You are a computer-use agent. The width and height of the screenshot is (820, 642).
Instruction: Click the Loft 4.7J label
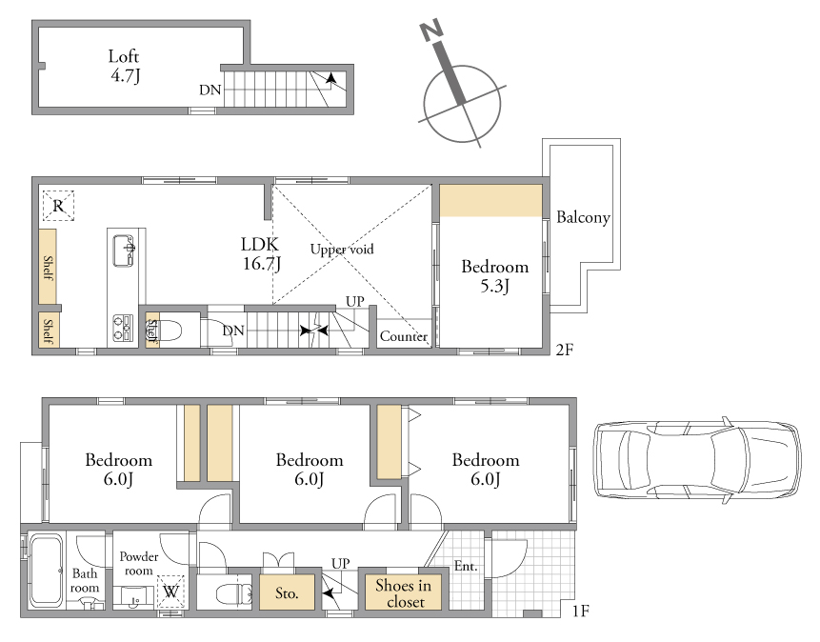[125, 66]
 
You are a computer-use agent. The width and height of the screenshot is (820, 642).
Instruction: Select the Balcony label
[583, 217]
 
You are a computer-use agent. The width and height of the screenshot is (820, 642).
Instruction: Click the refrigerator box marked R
[58, 206]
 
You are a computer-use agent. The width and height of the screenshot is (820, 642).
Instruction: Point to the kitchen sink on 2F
[124, 251]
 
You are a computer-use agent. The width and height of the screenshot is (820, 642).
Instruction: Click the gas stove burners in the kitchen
[123, 328]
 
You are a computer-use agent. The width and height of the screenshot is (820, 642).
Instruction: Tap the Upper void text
[342, 249]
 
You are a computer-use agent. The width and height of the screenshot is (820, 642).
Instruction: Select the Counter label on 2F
[404, 336]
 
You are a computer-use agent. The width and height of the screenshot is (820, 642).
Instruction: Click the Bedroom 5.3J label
[494, 275]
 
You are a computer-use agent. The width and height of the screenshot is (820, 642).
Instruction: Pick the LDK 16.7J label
[260, 253]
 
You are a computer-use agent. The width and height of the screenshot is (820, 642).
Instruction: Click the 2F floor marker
[564, 350]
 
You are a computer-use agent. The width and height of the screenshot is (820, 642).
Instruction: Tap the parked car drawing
[696, 460]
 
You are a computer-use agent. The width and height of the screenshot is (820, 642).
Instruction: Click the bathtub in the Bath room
[46, 571]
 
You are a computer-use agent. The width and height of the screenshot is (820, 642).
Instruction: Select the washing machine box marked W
[170, 592]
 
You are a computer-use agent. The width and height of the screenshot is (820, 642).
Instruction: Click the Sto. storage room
[287, 592]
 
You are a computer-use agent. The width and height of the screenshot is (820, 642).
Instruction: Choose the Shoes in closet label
[404, 593]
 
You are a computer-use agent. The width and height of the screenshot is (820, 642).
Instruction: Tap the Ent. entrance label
[466, 566]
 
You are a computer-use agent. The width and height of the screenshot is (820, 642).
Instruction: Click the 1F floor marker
[581, 611]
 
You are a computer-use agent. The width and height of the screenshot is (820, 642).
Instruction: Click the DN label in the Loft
[210, 90]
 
